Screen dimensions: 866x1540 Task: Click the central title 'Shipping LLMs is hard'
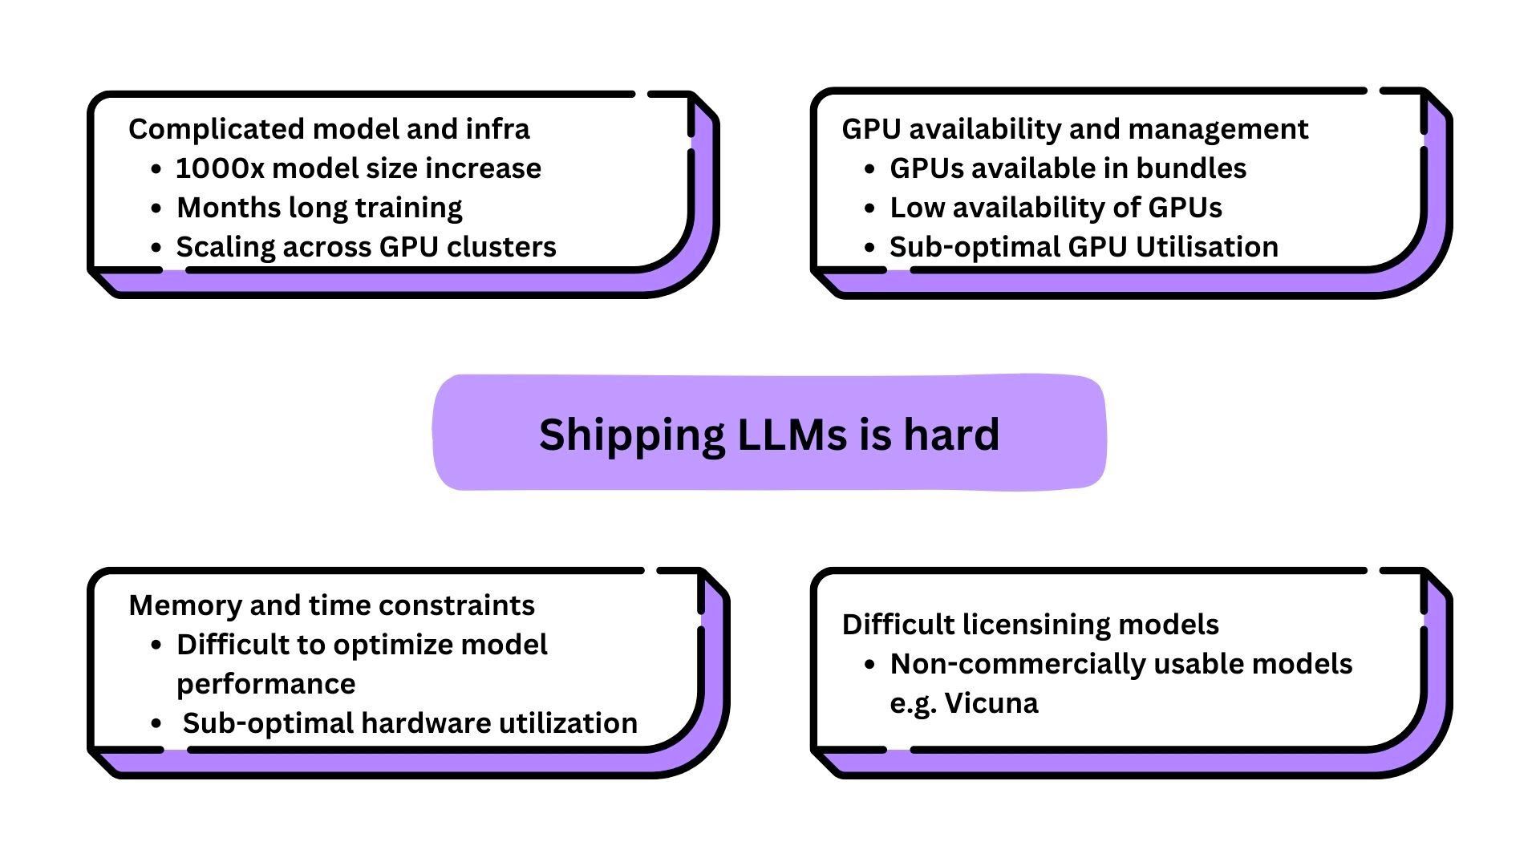[768, 434]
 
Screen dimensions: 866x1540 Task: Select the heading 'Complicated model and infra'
[329, 129]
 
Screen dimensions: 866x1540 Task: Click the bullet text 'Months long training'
[319, 208]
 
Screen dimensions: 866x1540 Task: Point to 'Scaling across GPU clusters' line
[366, 247]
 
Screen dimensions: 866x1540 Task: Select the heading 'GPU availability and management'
[1075, 129]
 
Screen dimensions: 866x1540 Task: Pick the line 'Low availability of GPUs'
[1056, 208]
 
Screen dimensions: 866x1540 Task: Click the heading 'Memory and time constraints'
[331, 605]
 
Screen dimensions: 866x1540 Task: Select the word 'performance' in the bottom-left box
[265, 684]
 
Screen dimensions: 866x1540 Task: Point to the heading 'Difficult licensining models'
[1030, 625]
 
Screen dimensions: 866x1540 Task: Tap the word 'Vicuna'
[991, 703]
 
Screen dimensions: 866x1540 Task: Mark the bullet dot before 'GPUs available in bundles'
[869, 169]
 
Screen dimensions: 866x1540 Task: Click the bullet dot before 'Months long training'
[156, 208]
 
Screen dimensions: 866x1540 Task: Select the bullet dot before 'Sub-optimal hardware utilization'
[156, 724]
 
